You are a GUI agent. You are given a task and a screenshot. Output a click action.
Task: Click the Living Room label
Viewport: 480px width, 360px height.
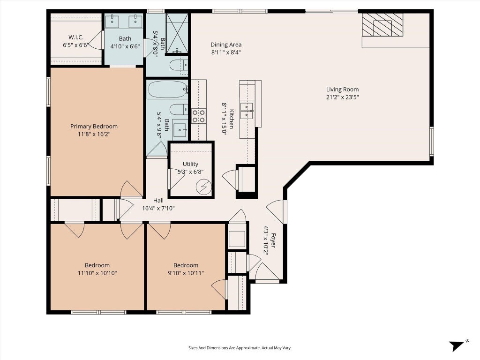(x=342, y=90)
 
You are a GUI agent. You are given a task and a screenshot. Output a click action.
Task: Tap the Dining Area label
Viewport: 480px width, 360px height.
(x=226, y=45)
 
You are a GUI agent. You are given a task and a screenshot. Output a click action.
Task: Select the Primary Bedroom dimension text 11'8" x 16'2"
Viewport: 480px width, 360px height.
(x=94, y=134)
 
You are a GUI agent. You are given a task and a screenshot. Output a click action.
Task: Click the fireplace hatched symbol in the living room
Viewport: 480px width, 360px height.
(x=382, y=25)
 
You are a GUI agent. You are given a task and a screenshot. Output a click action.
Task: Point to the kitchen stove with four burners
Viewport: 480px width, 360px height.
(x=199, y=116)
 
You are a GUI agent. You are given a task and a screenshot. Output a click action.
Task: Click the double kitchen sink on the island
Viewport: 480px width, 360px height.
(x=247, y=111)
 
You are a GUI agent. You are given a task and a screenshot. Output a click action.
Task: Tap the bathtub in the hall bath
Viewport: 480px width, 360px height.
(x=167, y=90)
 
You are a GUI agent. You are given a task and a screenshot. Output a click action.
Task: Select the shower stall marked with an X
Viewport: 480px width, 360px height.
(x=177, y=33)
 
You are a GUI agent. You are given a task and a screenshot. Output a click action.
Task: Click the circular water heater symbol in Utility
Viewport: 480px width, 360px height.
(x=204, y=187)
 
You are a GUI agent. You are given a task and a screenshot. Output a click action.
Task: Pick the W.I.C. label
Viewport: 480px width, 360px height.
(x=76, y=37)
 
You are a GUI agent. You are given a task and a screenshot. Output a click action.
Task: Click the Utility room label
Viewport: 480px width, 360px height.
(x=190, y=164)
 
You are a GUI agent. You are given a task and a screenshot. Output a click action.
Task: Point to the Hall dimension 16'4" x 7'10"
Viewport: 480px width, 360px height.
(x=158, y=209)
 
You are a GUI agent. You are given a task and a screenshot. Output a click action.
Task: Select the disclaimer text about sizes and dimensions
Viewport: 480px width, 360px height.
(x=240, y=348)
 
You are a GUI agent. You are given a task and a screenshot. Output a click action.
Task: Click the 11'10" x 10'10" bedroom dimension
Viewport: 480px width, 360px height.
(x=97, y=273)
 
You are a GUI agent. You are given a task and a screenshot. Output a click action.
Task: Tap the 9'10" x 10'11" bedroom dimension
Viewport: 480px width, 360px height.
(x=186, y=273)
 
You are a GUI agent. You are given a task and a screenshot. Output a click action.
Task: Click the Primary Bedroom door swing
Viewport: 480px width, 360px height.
(x=131, y=188)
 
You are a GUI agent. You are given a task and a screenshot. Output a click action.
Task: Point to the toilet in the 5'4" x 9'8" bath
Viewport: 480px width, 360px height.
(x=179, y=109)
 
